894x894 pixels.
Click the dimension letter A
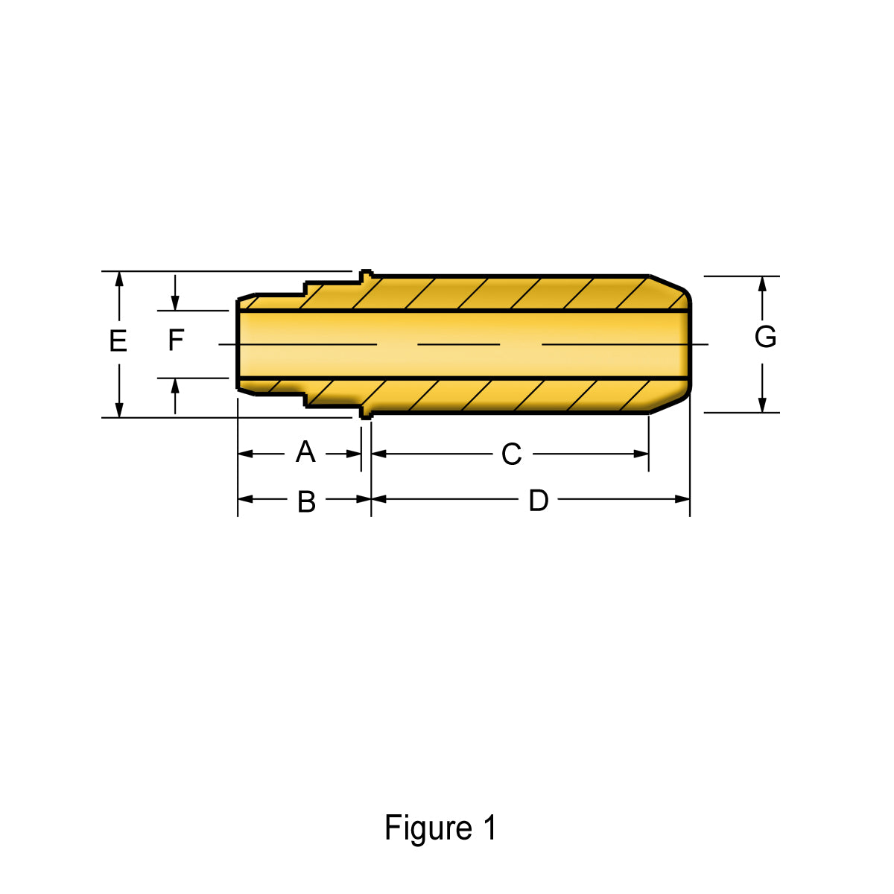click(305, 452)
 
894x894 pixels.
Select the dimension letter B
click(306, 501)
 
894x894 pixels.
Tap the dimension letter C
click(511, 454)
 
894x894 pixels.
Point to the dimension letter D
click(539, 501)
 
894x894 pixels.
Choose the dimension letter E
click(118, 341)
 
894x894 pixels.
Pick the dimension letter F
click(176, 340)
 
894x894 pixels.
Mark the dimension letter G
click(765, 337)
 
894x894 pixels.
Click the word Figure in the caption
click(428, 828)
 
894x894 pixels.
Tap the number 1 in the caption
click(489, 827)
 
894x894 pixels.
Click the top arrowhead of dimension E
click(119, 279)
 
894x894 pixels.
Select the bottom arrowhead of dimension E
click(119, 410)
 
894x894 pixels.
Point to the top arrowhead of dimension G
click(762, 284)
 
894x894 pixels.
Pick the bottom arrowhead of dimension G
click(762, 405)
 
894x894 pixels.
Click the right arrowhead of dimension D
click(682, 499)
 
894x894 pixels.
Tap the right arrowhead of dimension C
click(641, 454)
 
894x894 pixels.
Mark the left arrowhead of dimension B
click(245, 499)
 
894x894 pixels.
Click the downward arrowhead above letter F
click(175, 303)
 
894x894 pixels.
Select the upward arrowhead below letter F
click(175, 385)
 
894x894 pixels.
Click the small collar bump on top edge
click(366, 274)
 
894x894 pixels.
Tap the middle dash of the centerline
click(458, 344)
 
